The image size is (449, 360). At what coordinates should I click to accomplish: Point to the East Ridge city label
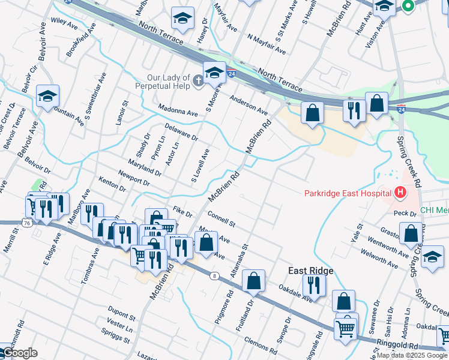310,271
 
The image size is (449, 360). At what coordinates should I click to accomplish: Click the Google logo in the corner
19,353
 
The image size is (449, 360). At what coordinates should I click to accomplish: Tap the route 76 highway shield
27,223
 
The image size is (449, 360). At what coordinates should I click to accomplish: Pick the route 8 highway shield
214,276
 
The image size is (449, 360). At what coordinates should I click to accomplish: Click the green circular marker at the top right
408,7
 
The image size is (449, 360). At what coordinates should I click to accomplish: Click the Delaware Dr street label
181,132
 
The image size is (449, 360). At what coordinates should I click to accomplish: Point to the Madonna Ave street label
178,112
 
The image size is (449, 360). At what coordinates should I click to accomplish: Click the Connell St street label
221,218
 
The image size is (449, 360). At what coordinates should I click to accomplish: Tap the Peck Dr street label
405,213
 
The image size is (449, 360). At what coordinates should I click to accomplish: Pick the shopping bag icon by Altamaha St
255,281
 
